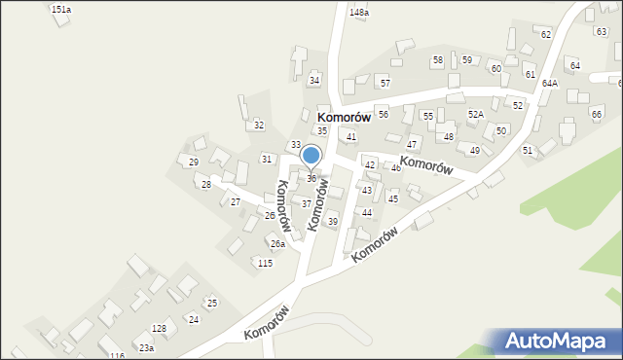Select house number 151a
[61, 9]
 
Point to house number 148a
[359, 13]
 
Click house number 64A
[550, 84]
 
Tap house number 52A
[475, 114]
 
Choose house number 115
[264, 264]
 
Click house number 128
[159, 329]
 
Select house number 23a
[146, 347]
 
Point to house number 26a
[277, 244]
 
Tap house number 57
[385, 84]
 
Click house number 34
[314, 80]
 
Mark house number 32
[259, 126]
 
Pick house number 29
[194, 162]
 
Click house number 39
[332, 222]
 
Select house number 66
[597, 114]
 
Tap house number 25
[211, 304]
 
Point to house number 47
[412, 144]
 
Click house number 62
[546, 34]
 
